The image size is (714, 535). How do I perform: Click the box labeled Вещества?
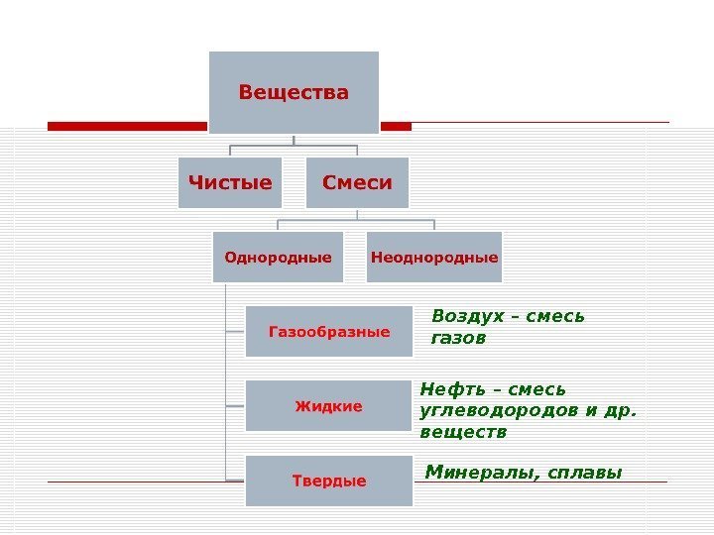pyautogui.click(x=294, y=92)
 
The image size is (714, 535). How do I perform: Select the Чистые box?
pyautogui.click(x=230, y=182)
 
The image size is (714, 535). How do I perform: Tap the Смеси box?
pyautogui.click(x=357, y=182)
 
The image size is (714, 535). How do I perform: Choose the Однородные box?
pyautogui.click(x=278, y=258)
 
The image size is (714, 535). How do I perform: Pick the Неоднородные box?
pyautogui.click(x=434, y=258)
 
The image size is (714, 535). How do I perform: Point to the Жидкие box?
pyautogui.click(x=329, y=406)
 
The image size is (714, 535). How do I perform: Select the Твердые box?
pyautogui.click(x=329, y=481)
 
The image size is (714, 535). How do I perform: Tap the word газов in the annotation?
pyautogui.click(x=458, y=339)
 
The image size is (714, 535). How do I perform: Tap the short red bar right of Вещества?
pyautogui.click(x=396, y=127)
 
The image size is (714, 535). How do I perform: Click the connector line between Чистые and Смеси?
pyautogui.click(x=294, y=148)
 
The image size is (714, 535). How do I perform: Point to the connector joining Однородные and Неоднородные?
pyautogui.click(x=356, y=221)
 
